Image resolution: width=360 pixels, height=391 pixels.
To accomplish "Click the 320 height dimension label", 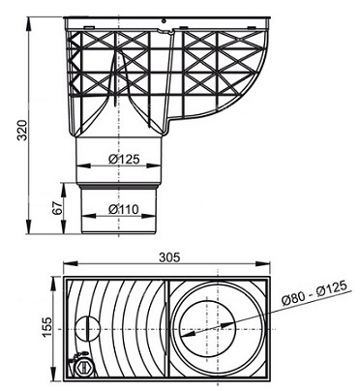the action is click(22, 130).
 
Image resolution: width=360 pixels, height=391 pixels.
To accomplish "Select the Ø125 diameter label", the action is click(124, 159).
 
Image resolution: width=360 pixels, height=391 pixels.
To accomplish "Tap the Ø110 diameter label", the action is click(124, 209).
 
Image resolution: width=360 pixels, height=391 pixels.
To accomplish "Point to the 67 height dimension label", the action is click(57, 208).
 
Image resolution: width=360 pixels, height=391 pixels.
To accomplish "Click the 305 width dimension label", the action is click(169, 257).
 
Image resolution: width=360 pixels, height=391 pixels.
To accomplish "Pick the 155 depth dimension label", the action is click(46, 327).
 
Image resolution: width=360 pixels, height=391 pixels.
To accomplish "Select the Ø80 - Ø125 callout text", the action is click(314, 292).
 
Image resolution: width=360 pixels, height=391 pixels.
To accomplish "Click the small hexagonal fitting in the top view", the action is click(84, 367).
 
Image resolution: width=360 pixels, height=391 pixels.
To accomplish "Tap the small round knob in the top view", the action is click(87, 329).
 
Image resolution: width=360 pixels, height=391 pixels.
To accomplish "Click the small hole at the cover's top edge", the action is click(165, 21).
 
